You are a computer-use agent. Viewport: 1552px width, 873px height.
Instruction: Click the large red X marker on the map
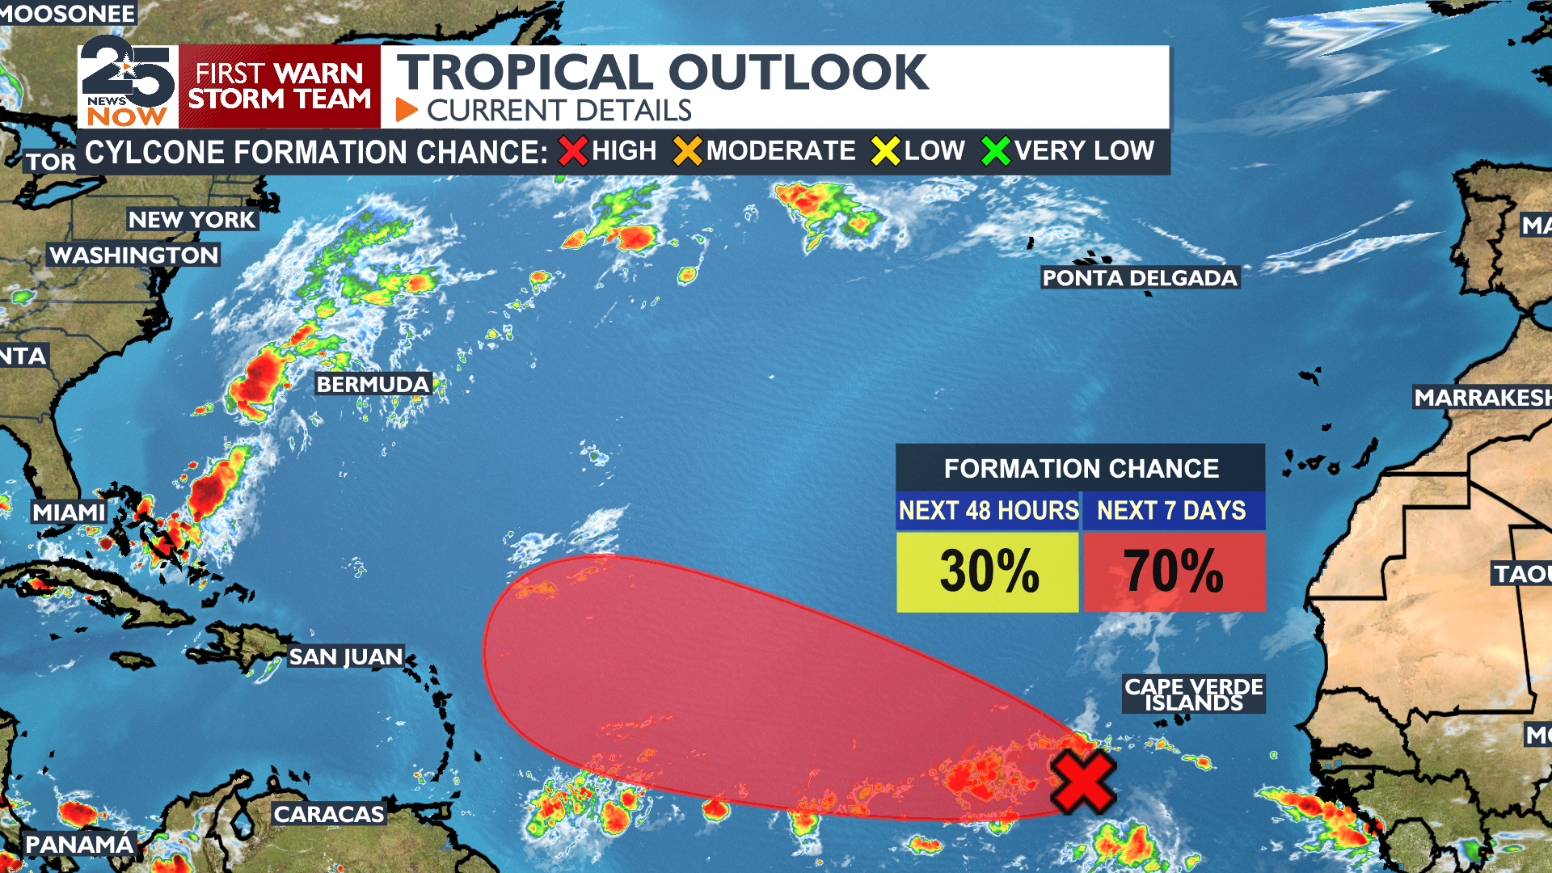pyautogui.click(x=1083, y=782)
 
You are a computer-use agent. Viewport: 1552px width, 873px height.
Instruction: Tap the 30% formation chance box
pyautogui.click(x=988, y=571)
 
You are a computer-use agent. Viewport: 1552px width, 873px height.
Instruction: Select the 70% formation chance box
pyautogui.click(x=1174, y=571)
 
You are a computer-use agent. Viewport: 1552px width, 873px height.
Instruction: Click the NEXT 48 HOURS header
pyautogui.click(x=988, y=511)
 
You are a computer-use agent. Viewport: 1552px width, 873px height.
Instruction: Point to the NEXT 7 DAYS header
pyautogui.click(x=1171, y=511)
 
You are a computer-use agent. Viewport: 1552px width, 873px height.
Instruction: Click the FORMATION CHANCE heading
pyautogui.click(x=1081, y=469)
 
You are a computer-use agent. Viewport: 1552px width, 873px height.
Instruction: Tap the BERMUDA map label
pyautogui.click(x=373, y=384)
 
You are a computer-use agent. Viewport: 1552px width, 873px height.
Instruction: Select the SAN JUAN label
pyautogui.click(x=346, y=656)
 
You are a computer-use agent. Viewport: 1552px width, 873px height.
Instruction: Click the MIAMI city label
pyautogui.click(x=70, y=512)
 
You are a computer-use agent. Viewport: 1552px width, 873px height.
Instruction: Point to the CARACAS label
pyautogui.click(x=329, y=814)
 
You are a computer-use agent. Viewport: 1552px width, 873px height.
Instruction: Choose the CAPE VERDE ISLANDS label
pyautogui.click(x=1193, y=694)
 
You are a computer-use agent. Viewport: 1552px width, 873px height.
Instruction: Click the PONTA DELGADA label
pyautogui.click(x=1139, y=278)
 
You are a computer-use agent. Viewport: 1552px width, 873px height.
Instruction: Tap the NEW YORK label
pyautogui.click(x=192, y=220)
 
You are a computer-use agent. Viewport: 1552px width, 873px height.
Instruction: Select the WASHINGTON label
pyautogui.click(x=134, y=255)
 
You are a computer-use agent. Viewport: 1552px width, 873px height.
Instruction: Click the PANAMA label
pyautogui.click(x=79, y=845)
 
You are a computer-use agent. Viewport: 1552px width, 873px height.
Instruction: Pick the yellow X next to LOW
pyautogui.click(x=885, y=151)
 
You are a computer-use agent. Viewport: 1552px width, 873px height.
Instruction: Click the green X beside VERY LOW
pyautogui.click(x=995, y=151)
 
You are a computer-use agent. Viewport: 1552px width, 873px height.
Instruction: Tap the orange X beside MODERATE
pyautogui.click(x=688, y=151)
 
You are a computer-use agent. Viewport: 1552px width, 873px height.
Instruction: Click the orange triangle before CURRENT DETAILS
pyautogui.click(x=406, y=110)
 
